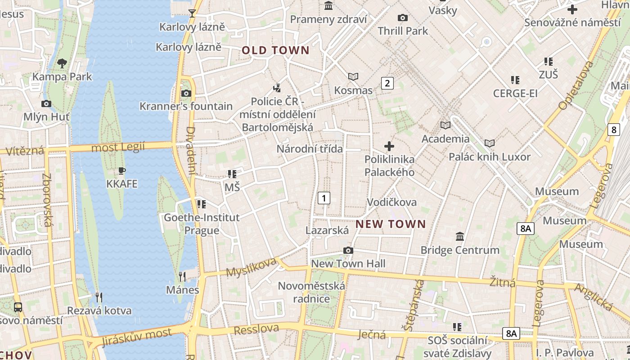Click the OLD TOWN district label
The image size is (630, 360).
pyautogui.click(x=275, y=50)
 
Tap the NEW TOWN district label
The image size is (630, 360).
pyautogui.click(x=391, y=224)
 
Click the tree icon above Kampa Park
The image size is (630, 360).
pyautogui.click(x=62, y=63)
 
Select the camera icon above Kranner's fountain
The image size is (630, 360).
pyautogui.click(x=186, y=94)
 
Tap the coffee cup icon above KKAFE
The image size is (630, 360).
pyautogui.click(x=121, y=171)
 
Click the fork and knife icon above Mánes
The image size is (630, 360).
pyautogui.click(x=182, y=276)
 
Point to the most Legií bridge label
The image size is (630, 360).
pyautogui.click(x=118, y=147)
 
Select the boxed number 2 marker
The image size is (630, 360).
pyautogui.click(x=387, y=83)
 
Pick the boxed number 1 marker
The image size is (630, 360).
pyautogui.click(x=324, y=198)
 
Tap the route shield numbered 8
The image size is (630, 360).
pyautogui.click(x=614, y=130)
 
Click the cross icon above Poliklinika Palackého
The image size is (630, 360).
pyautogui.click(x=389, y=146)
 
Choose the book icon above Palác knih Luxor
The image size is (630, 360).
pyautogui.click(x=490, y=144)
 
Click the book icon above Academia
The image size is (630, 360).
pyautogui.click(x=445, y=125)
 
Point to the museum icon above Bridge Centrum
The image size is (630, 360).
pyautogui.click(x=460, y=236)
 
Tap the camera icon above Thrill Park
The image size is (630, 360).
pyautogui.click(x=403, y=18)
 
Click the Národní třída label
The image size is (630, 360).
pyautogui.click(x=310, y=149)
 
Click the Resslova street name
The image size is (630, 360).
pyautogui.click(x=256, y=329)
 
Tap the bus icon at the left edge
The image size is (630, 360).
pyautogui.click(x=18, y=307)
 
